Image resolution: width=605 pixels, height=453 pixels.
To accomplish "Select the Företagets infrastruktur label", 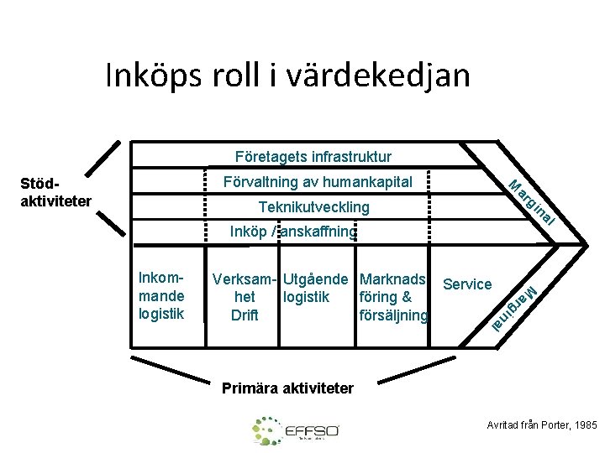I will click(313, 156).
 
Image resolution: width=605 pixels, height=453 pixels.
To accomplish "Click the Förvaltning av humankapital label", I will click(317, 181).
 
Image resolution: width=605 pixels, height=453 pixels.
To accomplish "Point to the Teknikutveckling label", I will click(313, 206).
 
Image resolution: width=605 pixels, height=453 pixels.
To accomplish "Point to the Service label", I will click(467, 284).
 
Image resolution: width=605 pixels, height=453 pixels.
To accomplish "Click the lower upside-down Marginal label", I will click(513, 308).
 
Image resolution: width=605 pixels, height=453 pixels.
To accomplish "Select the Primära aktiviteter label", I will click(287, 388).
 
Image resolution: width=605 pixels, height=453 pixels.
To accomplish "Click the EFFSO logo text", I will click(312, 431).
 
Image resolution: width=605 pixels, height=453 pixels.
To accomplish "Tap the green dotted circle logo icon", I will click(268, 430).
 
